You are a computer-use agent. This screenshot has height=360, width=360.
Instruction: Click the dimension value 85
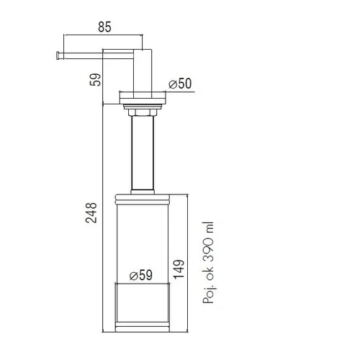[x=104, y=27]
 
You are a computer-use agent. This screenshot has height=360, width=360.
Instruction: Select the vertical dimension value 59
[x=95, y=79]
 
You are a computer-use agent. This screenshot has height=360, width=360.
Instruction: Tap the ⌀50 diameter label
[x=180, y=84]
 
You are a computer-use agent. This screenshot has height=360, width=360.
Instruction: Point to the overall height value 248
[x=91, y=212]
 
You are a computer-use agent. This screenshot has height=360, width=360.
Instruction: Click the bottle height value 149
[x=179, y=269]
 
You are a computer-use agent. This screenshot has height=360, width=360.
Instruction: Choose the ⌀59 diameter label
[x=141, y=275]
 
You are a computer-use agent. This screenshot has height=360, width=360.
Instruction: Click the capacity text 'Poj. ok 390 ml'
[x=208, y=263]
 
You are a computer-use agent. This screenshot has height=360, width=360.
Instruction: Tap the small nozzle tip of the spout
[x=58, y=55]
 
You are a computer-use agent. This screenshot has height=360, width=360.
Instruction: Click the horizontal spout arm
[x=96, y=55]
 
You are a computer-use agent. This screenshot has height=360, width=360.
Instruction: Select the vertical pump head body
[x=143, y=73]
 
